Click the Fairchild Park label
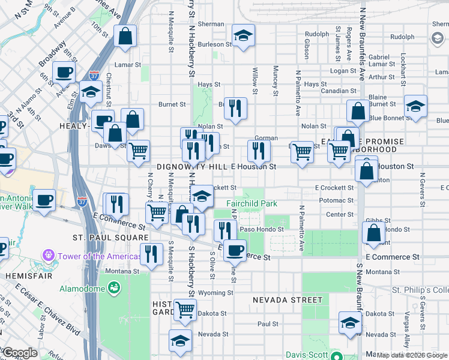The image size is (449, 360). click(251, 203)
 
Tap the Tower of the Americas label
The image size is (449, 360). click(95, 256)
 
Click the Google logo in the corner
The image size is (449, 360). click(19, 353)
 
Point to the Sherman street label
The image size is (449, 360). click(211, 25)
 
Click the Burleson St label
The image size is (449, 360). click(215, 44)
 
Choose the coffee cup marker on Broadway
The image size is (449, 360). click(64, 72)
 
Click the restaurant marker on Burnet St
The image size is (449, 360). click(235, 108)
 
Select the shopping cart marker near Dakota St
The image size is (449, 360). click(185, 309)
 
